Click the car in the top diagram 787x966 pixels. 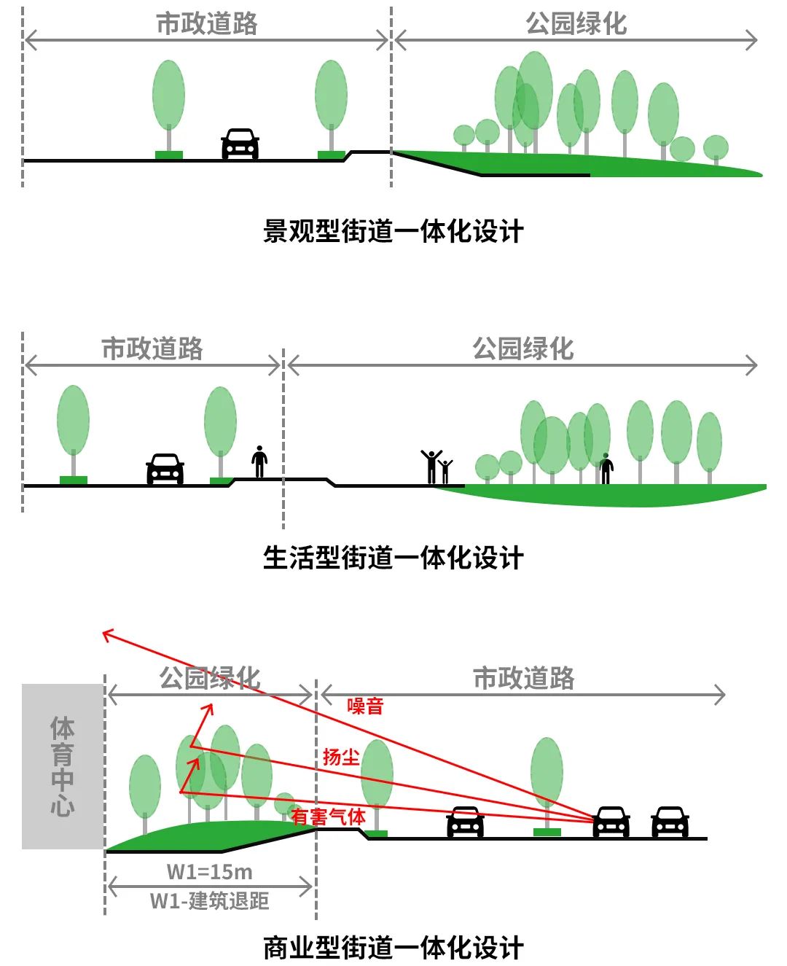pyautogui.click(x=240, y=144)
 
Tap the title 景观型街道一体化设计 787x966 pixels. pyautogui.click(x=393, y=232)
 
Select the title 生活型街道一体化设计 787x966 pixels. pyautogui.click(x=393, y=558)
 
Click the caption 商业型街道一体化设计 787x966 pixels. pyautogui.click(x=393, y=948)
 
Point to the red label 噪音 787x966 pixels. pyautogui.click(x=365, y=706)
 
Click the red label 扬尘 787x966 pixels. pyautogui.click(x=341, y=757)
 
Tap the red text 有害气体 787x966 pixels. pyautogui.click(x=328, y=817)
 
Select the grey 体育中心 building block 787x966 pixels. pyautogui.click(x=63, y=766)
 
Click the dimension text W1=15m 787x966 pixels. pyautogui.click(x=209, y=872)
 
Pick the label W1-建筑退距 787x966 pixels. pyautogui.click(x=209, y=901)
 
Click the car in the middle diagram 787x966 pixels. pyautogui.click(x=165, y=469)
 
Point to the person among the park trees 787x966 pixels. pyautogui.click(x=606, y=469)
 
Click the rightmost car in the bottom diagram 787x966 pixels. pyautogui.click(x=670, y=822)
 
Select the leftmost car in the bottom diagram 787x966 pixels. pyautogui.click(x=465, y=822)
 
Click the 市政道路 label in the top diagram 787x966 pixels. pyautogui.click(x=206, y=23)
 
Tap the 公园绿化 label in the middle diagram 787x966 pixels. pyautogui.click(x=522, y=348)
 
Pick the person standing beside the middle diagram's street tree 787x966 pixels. pyautogui.click(x=259, y=461)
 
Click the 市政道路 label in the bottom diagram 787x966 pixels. pyautogui.click(x=523, y=678)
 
